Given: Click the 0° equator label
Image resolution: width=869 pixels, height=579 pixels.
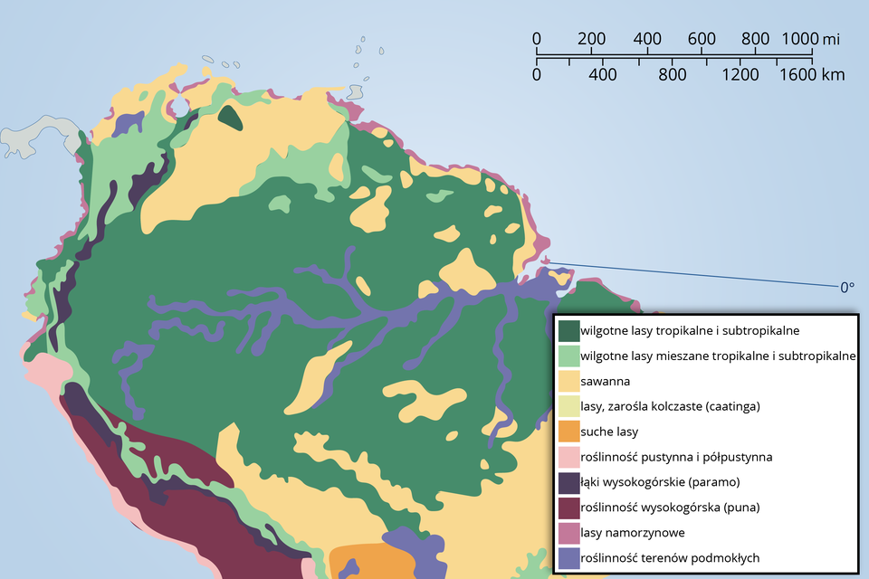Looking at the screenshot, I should (x=846, y=288).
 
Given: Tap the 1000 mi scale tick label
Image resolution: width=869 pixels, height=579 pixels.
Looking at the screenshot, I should (x=798, y=39).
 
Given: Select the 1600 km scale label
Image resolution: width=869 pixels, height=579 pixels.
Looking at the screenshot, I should (x=797, y=74).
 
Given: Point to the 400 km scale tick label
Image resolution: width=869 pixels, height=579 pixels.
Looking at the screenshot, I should (x=603, y=74).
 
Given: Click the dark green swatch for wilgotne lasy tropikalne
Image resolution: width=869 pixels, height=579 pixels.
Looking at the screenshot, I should (x=568, y=330).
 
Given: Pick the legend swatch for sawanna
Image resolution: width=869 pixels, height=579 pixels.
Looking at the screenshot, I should (x=568, y=381).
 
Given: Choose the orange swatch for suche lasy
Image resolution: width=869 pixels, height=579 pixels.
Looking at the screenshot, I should (x=568, y=432).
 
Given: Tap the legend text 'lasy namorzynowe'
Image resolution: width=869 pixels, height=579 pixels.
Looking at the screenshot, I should (x=633, y=533).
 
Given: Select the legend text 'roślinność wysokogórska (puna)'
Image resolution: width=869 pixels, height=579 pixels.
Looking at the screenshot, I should (x=670, y=508).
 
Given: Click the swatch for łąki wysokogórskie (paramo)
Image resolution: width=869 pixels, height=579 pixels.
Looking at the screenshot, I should (x=568, y=482).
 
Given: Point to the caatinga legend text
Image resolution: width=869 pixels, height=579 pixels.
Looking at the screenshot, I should (x=670, y=406).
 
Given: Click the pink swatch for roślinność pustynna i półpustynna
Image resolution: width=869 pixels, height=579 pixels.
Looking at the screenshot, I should (x=568, y=457).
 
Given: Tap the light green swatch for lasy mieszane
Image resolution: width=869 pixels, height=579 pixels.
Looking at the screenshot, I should (x=568, y=356).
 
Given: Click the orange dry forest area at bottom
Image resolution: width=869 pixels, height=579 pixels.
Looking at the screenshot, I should (x=362, y=561).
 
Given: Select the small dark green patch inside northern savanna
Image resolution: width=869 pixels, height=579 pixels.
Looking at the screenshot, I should (x=231, y=119).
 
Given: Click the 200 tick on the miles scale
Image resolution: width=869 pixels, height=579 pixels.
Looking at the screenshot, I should (x=592, y=39).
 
